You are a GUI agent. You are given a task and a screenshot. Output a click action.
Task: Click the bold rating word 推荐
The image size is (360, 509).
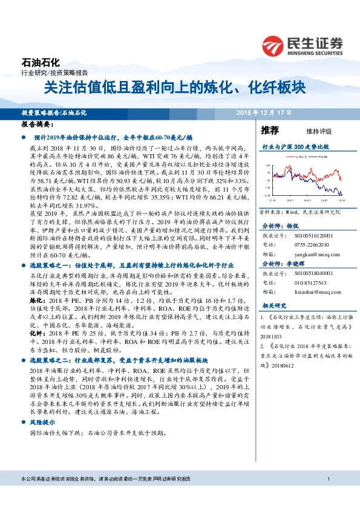point(270,130)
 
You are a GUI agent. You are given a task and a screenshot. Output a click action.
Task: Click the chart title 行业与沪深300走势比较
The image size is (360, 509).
point(295,147)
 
